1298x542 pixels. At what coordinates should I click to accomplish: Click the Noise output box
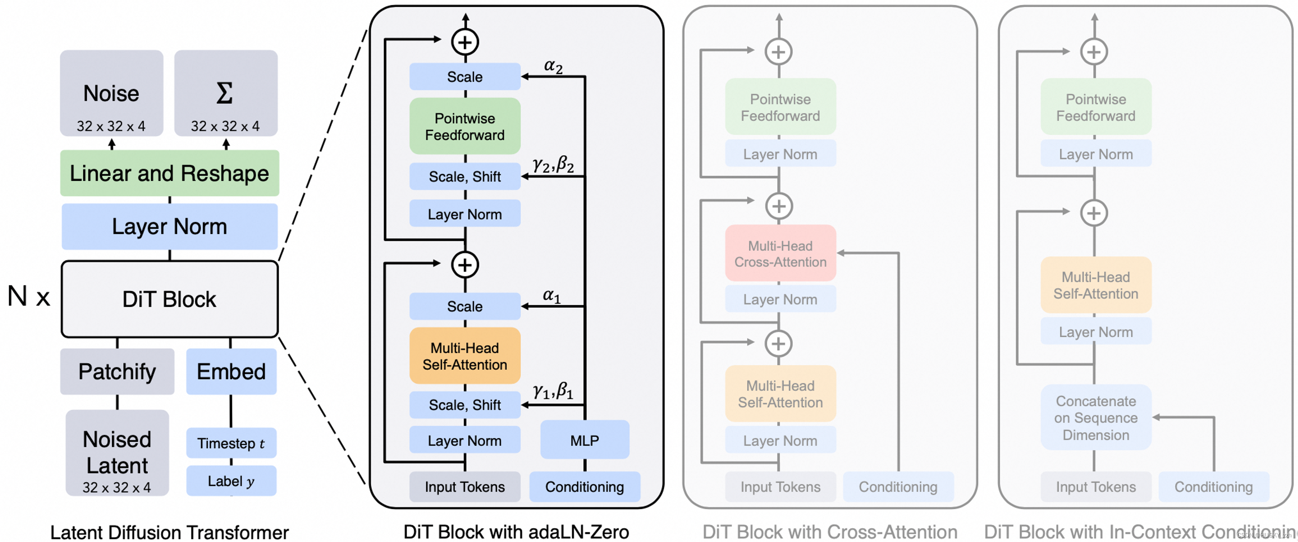(112, 93)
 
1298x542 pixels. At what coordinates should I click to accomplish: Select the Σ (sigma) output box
(225, 93)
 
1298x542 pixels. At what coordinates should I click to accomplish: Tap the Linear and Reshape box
(169, 173)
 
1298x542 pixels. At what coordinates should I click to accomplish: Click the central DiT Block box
(169, 299)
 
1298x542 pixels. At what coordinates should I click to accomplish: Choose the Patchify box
(117, 372)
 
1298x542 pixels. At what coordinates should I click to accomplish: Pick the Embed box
(231, 372)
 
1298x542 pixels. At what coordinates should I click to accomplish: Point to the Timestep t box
(231, 443)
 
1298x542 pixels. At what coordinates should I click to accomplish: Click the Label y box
(231, 481)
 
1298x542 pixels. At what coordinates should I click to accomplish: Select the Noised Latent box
(117, 453)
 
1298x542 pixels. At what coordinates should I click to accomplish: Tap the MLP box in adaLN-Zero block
(585, 440)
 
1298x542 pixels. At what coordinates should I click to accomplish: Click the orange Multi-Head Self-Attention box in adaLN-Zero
(465, 356)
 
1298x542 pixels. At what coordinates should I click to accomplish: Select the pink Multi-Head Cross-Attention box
(780, 253)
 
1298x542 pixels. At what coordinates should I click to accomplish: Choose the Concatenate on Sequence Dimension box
(1096, 417)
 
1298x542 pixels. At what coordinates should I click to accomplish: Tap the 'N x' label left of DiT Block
(29, 296)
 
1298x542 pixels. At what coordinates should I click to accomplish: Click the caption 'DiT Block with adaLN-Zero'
(516, 531)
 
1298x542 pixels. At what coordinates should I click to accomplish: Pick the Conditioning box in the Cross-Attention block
(898, 486)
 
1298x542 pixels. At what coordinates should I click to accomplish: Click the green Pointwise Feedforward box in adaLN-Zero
(465, 126)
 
